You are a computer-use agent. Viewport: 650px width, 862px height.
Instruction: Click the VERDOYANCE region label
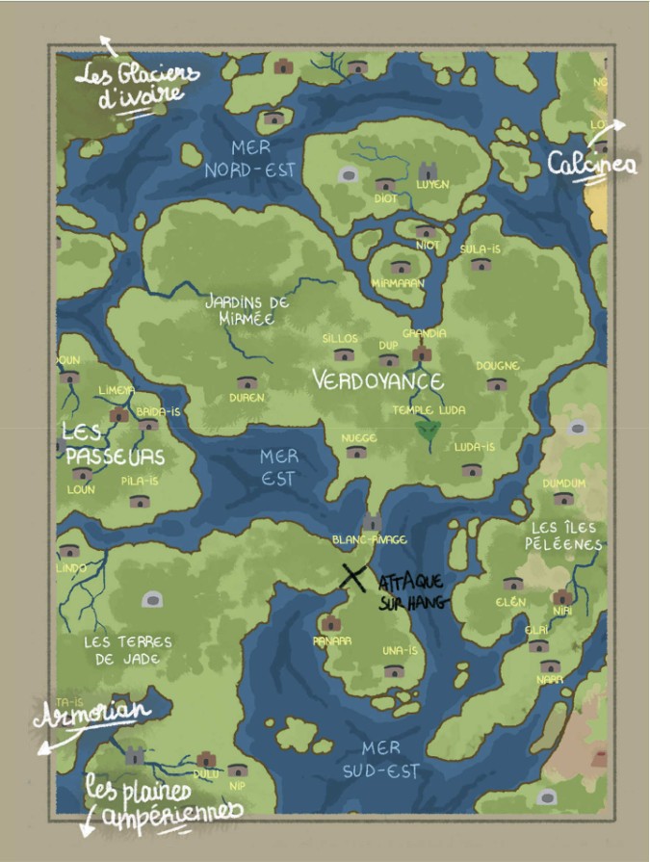point(377,381)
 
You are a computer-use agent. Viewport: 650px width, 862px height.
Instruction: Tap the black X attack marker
point(354,576)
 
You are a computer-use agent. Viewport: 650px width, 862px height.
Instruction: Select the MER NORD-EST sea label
point(248,159)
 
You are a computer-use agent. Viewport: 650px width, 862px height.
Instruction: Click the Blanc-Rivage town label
point(369,540)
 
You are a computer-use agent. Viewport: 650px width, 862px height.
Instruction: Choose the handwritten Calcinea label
point(592,164)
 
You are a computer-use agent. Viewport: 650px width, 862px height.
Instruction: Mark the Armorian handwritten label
point(92,714)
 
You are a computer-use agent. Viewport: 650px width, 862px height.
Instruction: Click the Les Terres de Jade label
point(127,650)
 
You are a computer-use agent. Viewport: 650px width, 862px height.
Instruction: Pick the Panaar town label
point(331,640)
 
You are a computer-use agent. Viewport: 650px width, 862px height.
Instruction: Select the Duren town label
point(247,397)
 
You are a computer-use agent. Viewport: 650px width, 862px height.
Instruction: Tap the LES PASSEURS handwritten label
point(114,444)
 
